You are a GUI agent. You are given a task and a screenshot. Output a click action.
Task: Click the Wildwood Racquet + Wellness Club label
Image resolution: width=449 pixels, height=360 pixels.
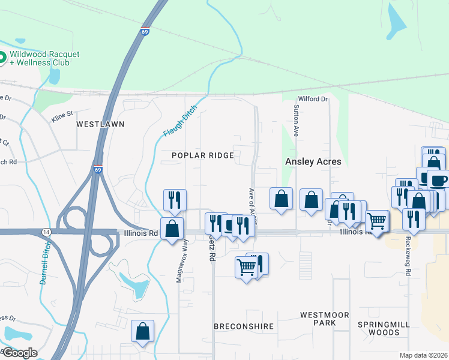pos(44,58)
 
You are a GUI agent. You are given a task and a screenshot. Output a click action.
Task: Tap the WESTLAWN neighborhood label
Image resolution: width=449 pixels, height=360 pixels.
pos(100,124)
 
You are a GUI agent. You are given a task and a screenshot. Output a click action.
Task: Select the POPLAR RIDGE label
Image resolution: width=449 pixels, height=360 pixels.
pos(202,155)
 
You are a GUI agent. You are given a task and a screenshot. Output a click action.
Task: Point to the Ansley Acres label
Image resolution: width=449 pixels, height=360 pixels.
pos(313,161)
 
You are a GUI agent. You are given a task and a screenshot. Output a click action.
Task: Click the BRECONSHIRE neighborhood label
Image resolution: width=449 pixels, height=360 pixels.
pos(244,326)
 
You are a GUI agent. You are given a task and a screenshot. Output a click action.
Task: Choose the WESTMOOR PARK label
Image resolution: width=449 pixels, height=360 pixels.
pos(318,319)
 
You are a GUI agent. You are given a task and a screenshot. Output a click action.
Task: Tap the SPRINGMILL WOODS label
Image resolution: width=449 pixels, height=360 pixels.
pos(384,328)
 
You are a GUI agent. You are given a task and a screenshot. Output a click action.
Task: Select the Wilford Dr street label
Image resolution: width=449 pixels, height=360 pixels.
pos(313,99)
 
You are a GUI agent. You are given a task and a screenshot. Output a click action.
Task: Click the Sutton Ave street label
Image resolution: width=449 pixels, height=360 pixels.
pos(297,119)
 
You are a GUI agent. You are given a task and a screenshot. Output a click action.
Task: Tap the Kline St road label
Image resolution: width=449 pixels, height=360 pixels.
pos(62,113)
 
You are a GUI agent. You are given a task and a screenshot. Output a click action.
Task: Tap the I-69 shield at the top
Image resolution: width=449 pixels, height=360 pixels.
pos(145,31)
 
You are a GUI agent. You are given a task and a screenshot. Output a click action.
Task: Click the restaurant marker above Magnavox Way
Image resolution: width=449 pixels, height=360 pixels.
pos(175,200)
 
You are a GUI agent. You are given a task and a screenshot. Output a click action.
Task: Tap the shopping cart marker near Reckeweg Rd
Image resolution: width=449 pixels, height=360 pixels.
pos(377,221)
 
